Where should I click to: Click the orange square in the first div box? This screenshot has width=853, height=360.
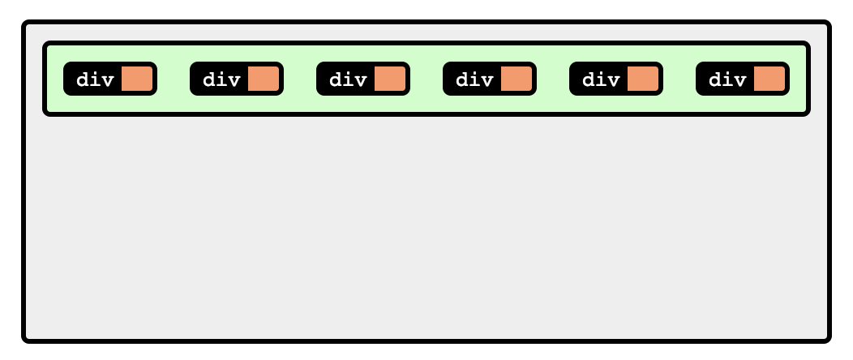(136, 79)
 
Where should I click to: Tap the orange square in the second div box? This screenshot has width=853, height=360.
(263, 79)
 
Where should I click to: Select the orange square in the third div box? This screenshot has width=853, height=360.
(389, 79)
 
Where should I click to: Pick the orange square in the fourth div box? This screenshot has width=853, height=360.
(516, 79)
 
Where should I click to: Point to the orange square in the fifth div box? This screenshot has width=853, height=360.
(642, 79)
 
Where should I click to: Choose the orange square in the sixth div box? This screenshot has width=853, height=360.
(769, 79)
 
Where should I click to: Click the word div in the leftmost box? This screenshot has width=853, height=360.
(95, 79)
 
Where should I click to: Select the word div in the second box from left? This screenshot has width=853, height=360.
(221, 79)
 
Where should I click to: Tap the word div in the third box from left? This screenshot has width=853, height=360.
(348, 79)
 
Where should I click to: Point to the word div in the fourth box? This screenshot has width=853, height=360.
(474, 79)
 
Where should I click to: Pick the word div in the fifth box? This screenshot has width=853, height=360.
(601, 79)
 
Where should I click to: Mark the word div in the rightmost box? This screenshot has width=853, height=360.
(727, 79)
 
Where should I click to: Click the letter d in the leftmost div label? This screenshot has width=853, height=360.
(83, 79)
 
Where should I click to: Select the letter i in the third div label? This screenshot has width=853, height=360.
(349, 79)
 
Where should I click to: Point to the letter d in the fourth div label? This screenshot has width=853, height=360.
(462, 79)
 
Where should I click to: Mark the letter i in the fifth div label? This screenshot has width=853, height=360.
(602, 79)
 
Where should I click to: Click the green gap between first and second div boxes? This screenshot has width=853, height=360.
(173, 79)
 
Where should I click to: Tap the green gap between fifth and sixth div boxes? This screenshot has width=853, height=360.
(679, 79)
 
